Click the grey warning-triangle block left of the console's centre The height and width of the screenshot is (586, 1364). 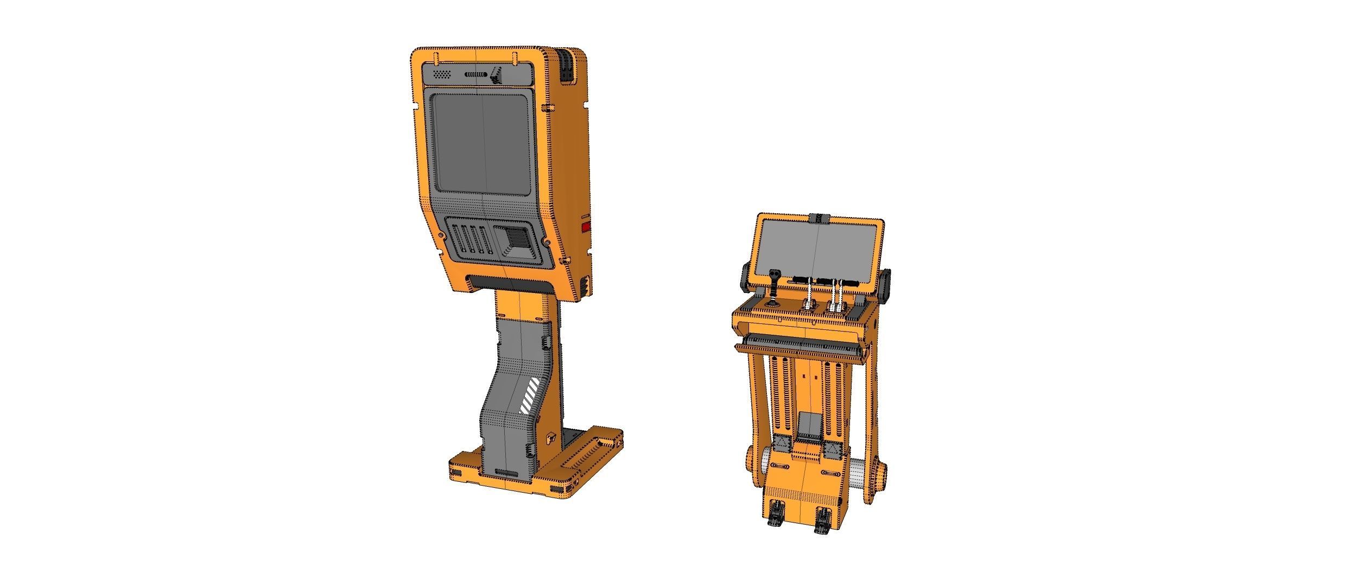click(782, 446)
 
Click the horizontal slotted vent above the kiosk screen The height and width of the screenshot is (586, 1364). click(477, 74)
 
